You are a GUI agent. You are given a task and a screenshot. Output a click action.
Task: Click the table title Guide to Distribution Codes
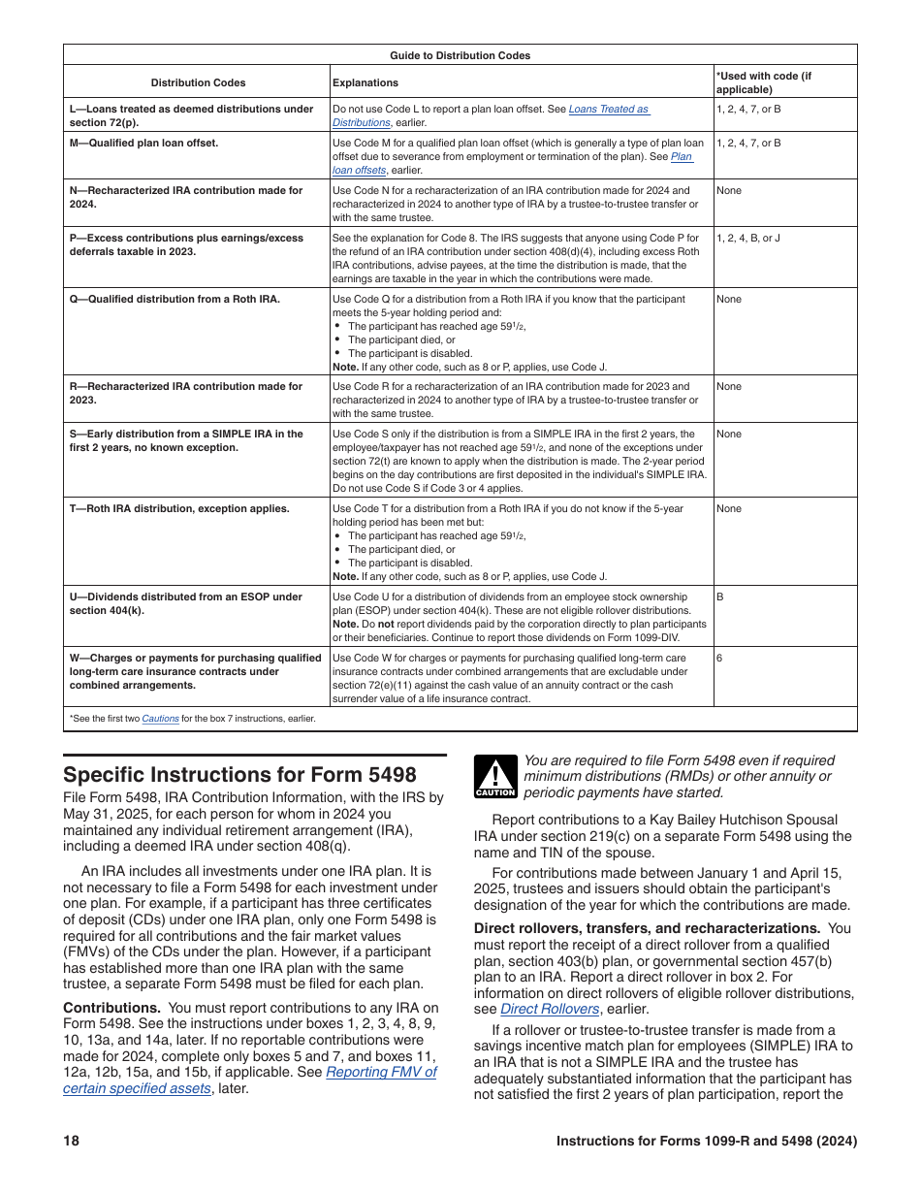tap(460, 55)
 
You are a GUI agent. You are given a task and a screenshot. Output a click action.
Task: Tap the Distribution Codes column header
tap(198, 82)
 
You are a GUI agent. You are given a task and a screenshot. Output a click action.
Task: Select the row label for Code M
tap(143, 143)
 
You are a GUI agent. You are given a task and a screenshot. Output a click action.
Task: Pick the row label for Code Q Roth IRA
tap(175, 299)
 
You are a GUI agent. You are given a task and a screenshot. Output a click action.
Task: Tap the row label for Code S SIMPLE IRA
tap(186, 440)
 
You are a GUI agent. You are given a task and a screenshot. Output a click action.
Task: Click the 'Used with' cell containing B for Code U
tap(720, 596)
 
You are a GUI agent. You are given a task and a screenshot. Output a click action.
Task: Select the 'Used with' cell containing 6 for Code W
tap(719, 658)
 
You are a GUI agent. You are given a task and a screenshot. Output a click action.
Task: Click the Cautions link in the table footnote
tap(160, 719)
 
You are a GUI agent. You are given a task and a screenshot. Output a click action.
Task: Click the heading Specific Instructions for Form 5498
tap(239, 774)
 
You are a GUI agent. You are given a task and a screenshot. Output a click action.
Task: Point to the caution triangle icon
tap(494, 778)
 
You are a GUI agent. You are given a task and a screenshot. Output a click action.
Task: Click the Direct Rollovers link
tap(550, 1008)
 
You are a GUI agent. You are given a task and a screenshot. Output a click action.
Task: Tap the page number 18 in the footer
tap(71, 1142)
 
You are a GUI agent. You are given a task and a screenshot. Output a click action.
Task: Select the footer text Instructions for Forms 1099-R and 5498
tap(706, 1142)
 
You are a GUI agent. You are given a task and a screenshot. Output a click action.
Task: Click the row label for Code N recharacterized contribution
tap(186, 197)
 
